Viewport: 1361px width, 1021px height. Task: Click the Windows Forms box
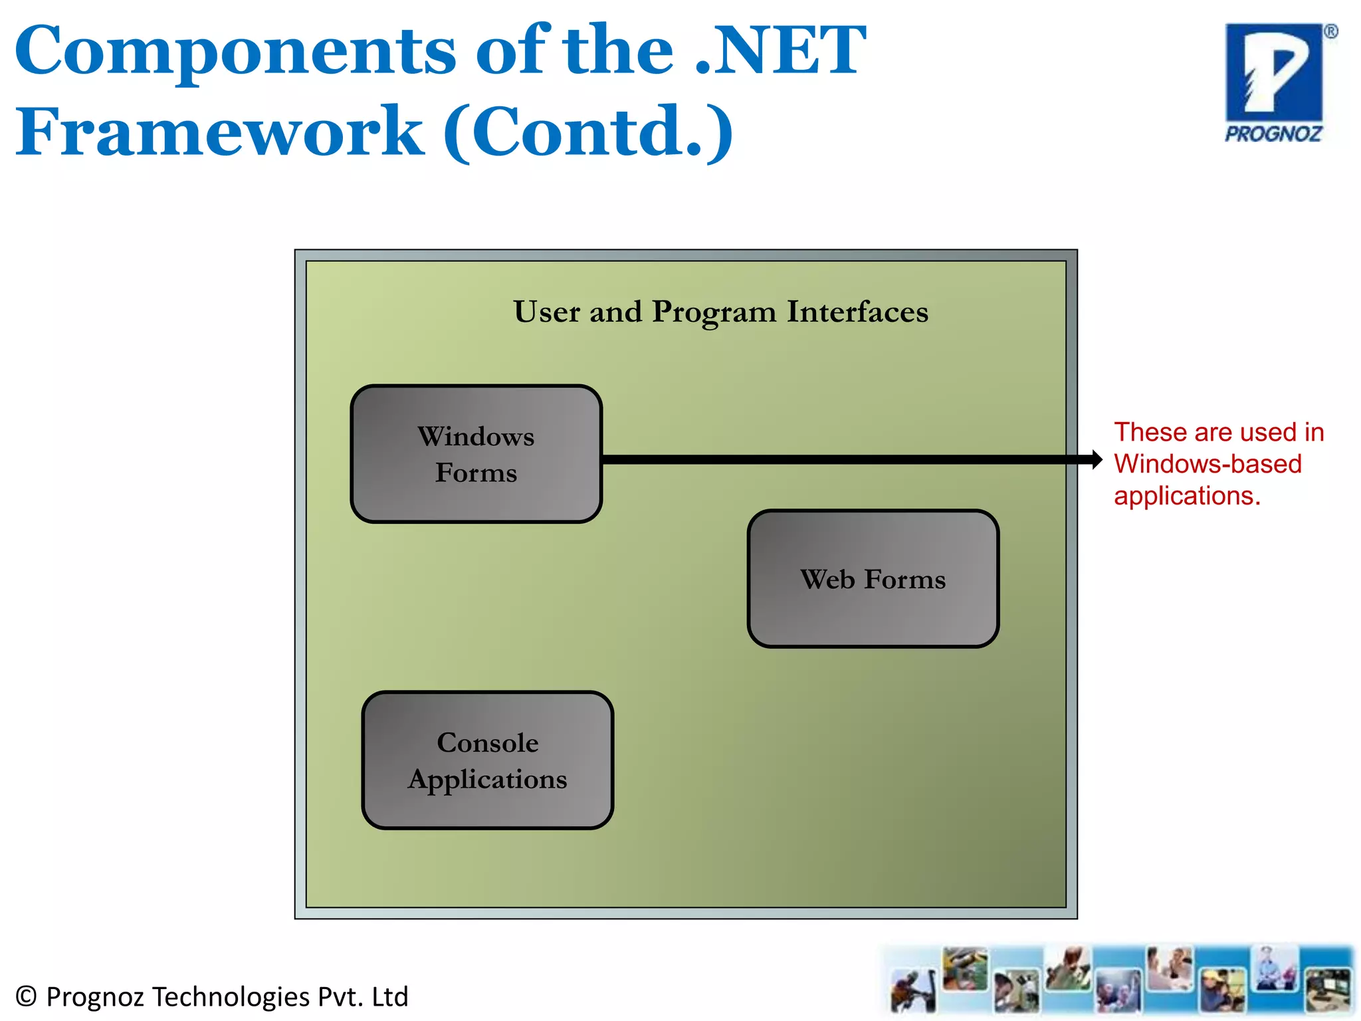476,454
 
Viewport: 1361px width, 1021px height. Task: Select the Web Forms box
873,579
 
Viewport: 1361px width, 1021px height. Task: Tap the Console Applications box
487,760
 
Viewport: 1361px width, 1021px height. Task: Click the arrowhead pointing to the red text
1096,459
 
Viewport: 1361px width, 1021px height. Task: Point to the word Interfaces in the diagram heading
857,312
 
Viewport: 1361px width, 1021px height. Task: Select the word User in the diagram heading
546,312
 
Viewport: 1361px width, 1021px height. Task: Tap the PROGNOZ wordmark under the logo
1273,134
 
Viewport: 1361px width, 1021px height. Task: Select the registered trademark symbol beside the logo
1330,32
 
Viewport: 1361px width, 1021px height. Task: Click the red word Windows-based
1207,464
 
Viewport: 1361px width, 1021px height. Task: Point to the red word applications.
1187,496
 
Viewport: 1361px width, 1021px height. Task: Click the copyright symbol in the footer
25,996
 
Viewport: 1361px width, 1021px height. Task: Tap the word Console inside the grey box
487,742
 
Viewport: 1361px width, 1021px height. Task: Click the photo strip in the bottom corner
1119,980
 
